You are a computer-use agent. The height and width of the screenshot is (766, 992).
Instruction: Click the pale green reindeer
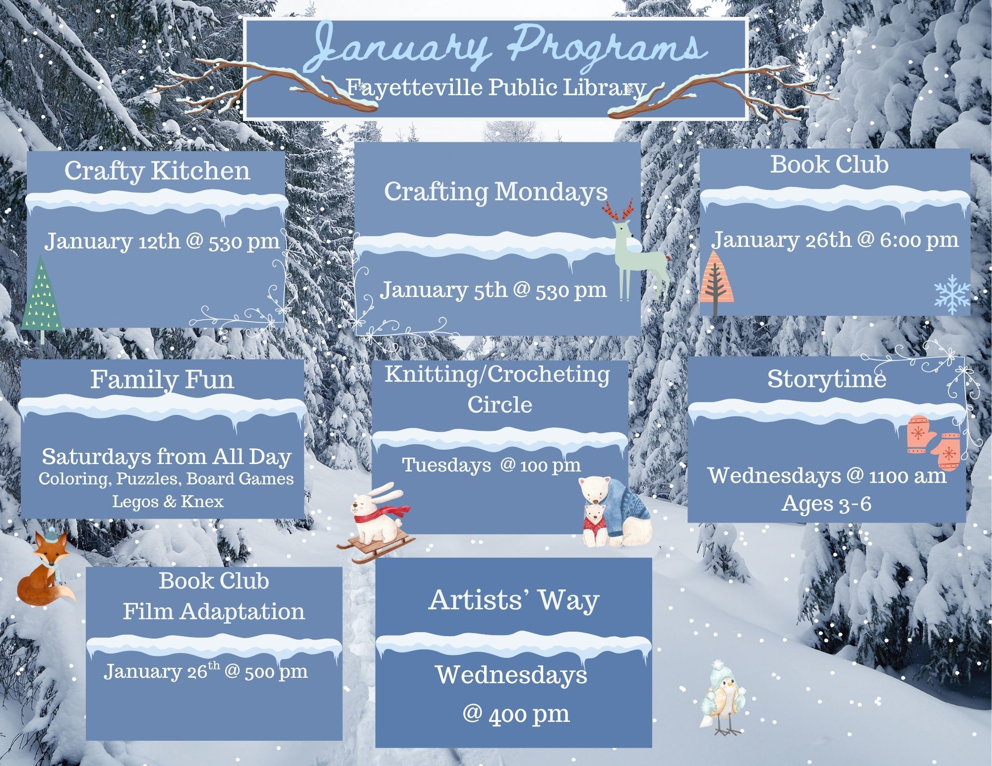[x=635, y=253]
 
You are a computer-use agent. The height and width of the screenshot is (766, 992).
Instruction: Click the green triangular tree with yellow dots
[x=42, y=297]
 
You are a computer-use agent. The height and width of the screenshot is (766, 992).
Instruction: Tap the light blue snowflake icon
[x=952, y=295]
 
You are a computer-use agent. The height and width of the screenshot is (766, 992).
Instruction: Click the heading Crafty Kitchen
[x=157, y=171]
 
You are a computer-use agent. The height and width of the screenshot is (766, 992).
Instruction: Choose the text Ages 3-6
[x=827, y=504]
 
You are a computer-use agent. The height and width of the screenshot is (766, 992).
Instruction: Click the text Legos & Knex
[x=168, y=501]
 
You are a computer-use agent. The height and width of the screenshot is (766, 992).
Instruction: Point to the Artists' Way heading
[x=514, y=600]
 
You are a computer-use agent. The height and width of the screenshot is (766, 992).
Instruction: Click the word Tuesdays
[x=446, y=465]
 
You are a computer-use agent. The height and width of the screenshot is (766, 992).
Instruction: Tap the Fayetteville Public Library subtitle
[x=496, y=88]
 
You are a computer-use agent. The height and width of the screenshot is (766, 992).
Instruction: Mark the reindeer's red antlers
[x=618, y=210]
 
